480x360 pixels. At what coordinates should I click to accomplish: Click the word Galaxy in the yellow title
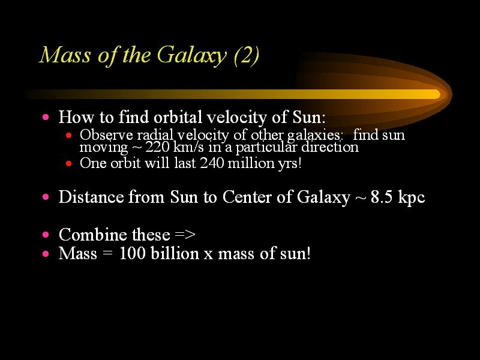192,56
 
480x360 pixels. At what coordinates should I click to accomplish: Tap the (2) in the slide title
247,56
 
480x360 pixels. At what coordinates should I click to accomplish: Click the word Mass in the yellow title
65,55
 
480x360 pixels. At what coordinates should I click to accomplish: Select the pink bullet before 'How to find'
46,117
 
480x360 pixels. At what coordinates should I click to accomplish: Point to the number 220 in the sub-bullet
157,147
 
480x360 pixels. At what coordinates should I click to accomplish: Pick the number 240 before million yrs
212,163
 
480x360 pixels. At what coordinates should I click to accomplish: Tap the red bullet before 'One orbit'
68,163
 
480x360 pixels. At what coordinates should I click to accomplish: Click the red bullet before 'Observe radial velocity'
68,135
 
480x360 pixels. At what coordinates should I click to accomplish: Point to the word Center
247,197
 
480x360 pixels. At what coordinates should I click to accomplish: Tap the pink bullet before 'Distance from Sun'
46,197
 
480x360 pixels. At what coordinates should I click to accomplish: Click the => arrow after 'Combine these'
185,235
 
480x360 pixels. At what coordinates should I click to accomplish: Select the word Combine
93,235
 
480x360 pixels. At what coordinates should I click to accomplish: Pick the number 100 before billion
132,253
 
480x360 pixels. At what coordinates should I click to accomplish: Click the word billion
175,253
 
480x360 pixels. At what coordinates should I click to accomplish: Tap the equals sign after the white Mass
107,254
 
